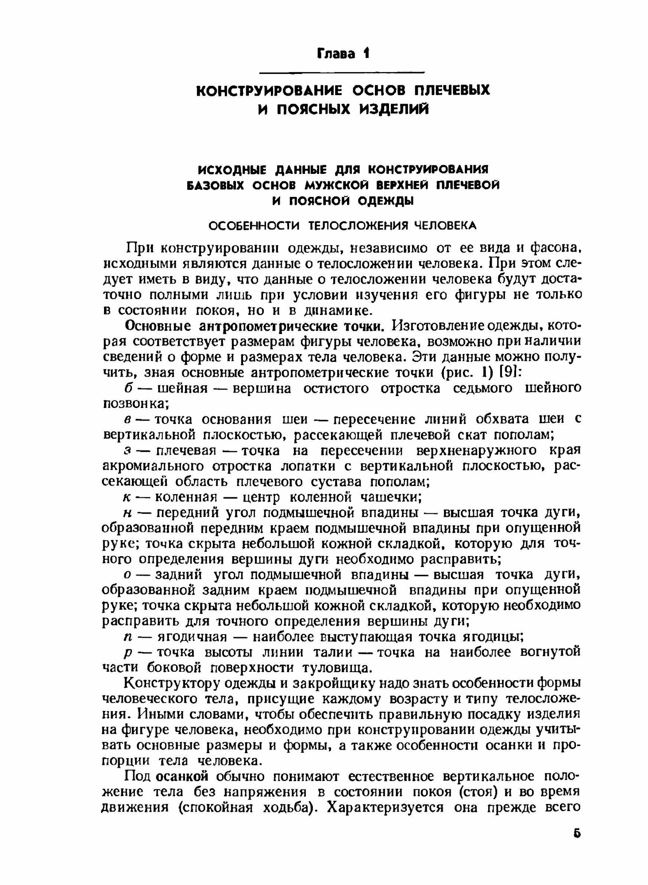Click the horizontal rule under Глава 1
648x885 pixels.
tap(341, 72)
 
